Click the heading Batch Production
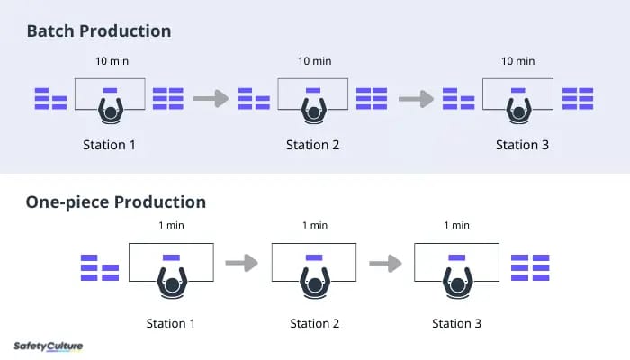coord(99,31)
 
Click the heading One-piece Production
coord(116,202)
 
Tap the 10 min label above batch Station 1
coord(112,61)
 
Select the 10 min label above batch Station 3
coord(517,61)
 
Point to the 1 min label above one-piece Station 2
coord(315,225)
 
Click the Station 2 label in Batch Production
coord(312,145)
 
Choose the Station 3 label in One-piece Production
coord(456,323)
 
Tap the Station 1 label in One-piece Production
coord(170,323)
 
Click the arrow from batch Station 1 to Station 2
coord(211,98)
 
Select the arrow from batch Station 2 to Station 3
coord(416,99)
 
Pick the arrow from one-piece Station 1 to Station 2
coord(241,263)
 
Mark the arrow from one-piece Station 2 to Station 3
coord(385,264)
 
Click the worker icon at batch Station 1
coord(111,111)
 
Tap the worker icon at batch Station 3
coord(518,111)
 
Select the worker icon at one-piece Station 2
coord(315,283)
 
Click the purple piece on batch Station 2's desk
coord(313,90)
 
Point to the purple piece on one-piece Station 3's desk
coord(457,257)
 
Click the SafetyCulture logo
coord(49,346)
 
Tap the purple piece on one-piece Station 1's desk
coord(171,257)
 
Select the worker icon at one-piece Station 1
coord(172,283)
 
